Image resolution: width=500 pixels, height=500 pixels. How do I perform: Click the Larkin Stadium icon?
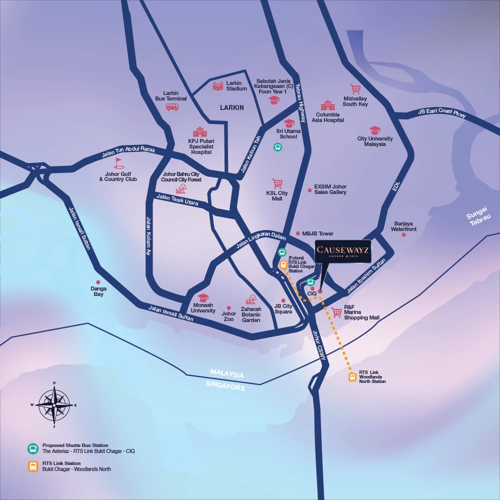(x=217, y=86)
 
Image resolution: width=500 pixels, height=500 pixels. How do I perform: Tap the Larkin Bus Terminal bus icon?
(x=172, y=106)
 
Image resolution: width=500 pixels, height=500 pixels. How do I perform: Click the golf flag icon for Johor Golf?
(x=118, y=163)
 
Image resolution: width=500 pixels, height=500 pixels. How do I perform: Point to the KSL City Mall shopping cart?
(x=277, y=184)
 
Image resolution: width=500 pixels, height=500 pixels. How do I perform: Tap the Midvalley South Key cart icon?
(x=355, y=89)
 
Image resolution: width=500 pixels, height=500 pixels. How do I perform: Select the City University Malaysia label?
(x=375, y=141)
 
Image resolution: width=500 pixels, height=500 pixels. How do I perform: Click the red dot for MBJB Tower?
(x=298, y=233)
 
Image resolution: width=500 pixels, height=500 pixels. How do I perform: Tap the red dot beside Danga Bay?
(x=98, y=282)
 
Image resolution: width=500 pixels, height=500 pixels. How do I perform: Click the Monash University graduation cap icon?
(x=202, y=297)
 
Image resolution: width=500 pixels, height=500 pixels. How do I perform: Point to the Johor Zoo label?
(x=228, y=316)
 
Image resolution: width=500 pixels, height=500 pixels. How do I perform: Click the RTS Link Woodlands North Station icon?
(x=352, y=377)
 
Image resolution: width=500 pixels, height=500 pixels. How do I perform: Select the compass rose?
(x=54, y=404)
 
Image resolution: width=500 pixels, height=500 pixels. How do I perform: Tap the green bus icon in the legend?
(x=33, y=448)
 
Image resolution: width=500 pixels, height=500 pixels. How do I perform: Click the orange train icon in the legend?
(x=33, y=466)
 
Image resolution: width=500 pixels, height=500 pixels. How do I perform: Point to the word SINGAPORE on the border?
(x=226, y=386)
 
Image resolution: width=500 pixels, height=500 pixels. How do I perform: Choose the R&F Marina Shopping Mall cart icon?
(x=336, y=312)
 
